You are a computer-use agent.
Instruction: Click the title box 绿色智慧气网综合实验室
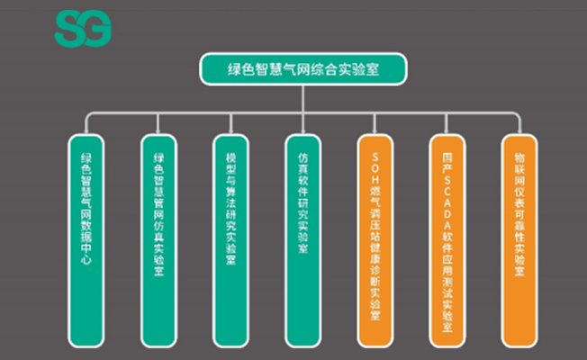(x=303, y=69)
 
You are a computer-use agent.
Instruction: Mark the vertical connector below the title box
(x=303, y=99)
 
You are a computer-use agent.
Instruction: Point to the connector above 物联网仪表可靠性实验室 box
(x=519, y=124)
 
